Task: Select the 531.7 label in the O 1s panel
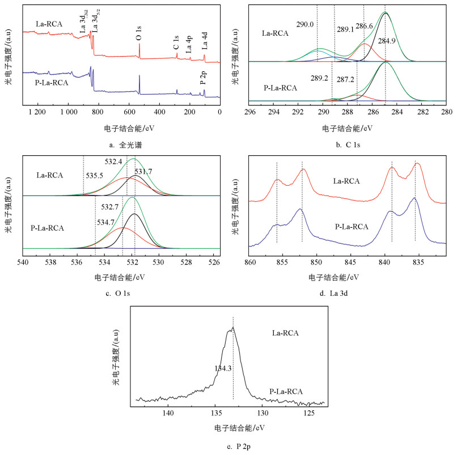143,171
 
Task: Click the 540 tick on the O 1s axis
23,262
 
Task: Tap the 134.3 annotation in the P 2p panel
223,368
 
